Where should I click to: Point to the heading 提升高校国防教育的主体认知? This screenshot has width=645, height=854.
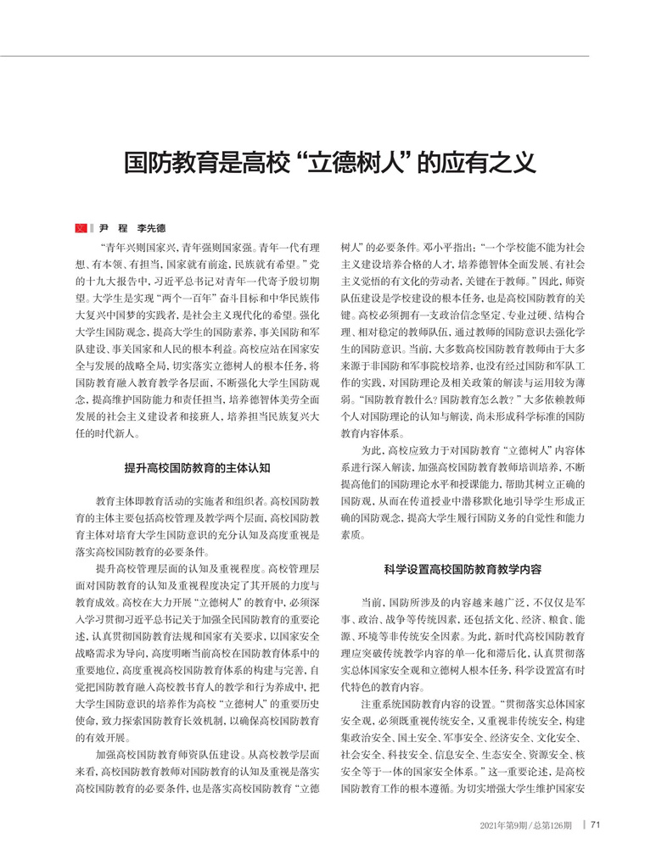coord(197,467)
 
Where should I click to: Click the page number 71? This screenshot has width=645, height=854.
coord(596,824)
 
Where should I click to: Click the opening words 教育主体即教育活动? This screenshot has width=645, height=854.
coord(136,500)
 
